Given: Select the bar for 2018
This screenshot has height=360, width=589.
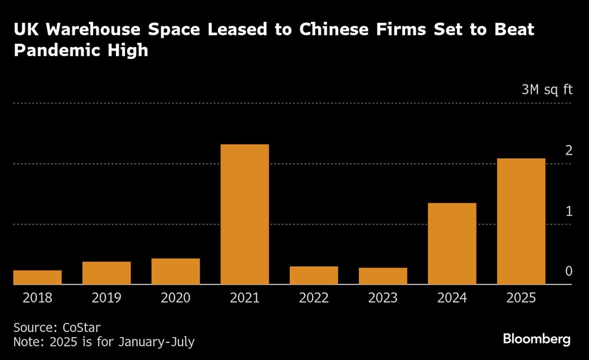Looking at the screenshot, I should click(x=37, y=278).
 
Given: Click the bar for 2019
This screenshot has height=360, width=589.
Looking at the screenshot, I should click(x=107, y=273).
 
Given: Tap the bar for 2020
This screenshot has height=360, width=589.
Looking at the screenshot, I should click(x=176, y=272).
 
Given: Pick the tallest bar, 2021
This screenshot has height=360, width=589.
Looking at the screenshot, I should click(x=244, y=214).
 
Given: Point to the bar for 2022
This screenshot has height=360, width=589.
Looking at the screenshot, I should click(x=314, y=276).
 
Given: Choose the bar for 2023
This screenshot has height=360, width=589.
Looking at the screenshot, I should click(x=383, y=276).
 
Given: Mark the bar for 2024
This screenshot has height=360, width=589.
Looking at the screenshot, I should click(x=452, y=244).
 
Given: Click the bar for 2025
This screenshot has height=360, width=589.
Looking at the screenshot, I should click(x=521, y=222).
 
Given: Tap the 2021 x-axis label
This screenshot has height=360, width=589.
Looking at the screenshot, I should click(x=244, y=298).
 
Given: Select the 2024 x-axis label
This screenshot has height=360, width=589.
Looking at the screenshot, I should click(x=452, y=298).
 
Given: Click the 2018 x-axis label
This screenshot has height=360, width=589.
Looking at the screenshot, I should click(x=37, y=298).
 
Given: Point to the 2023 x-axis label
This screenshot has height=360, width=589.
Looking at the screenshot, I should click(x=383, y=298).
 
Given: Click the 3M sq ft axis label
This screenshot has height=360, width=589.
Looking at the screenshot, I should click(x=547, y=90).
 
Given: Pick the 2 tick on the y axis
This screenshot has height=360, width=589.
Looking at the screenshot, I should click(x=568, y=151).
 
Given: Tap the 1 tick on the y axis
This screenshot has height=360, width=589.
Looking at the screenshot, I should click(x=568, y=211).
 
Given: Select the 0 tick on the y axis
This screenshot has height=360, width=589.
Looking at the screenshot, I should click(x=568, y=271).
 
